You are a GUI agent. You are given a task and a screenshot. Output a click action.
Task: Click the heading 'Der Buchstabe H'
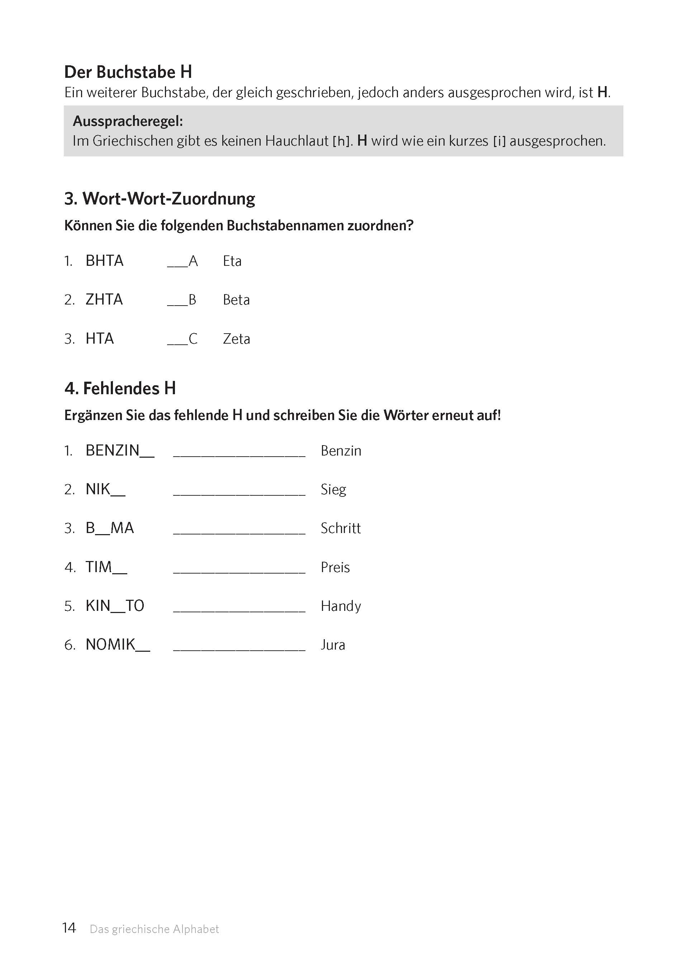coord(128,72)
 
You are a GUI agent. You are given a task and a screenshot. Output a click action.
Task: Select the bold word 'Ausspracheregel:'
coord(128,122)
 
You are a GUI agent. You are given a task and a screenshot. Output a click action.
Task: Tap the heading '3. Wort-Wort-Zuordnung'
coord(160,199)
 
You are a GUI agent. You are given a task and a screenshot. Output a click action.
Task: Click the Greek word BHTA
coord(104,261)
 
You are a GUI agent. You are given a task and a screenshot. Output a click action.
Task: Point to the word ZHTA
coord(104,300)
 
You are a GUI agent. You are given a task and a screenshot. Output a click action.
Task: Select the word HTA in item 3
coord(100,339)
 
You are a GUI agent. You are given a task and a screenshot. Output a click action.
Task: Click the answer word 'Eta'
coord(232,261)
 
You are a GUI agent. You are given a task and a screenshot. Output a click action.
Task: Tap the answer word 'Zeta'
coord(236,339)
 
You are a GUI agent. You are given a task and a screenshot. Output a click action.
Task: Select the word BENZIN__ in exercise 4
coord(120,451)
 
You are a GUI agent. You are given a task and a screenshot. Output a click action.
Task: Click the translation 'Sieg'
coord(333,490)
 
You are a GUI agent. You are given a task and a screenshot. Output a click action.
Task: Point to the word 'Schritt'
coord(341,528)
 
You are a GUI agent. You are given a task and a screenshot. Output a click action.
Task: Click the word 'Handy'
coord(341,606)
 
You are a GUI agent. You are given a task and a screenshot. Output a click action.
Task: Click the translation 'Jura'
coord(333,645)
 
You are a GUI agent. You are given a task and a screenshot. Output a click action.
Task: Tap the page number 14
coord(69,928)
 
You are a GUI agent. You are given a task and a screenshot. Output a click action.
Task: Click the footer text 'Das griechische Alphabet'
coord(154,929)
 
